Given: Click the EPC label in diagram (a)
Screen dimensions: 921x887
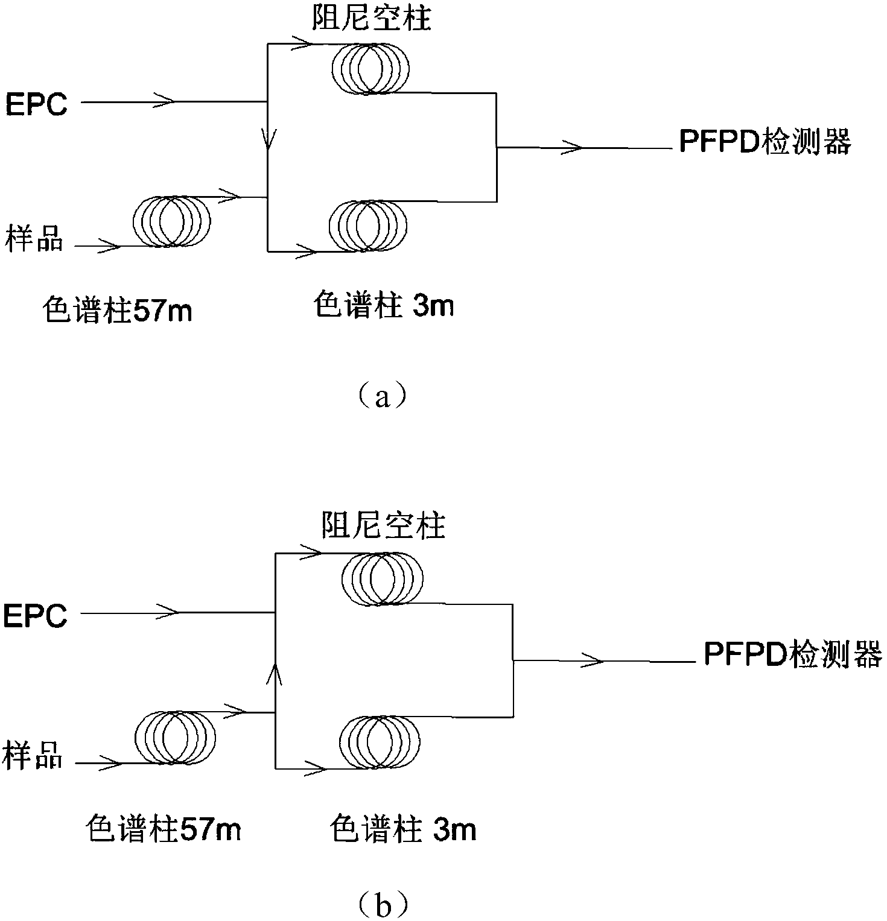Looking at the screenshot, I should coord(36,104).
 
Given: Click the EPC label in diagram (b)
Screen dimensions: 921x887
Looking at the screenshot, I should coord(35,616).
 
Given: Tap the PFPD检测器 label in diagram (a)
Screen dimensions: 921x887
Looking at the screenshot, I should coord(765,143).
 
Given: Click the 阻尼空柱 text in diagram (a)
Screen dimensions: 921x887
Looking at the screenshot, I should coord(371,19).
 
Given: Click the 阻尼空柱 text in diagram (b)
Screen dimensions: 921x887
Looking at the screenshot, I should coord(383,526).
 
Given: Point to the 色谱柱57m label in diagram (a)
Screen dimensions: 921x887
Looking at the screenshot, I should coord(117,311).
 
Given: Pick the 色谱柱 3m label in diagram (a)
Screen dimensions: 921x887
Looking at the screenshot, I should coord(384,306).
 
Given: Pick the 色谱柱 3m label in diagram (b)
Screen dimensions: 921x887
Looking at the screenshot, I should coord(403,829).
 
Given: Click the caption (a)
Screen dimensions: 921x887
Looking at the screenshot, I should coord(383,397).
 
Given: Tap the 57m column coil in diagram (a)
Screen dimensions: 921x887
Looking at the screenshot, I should coord(171,221).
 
